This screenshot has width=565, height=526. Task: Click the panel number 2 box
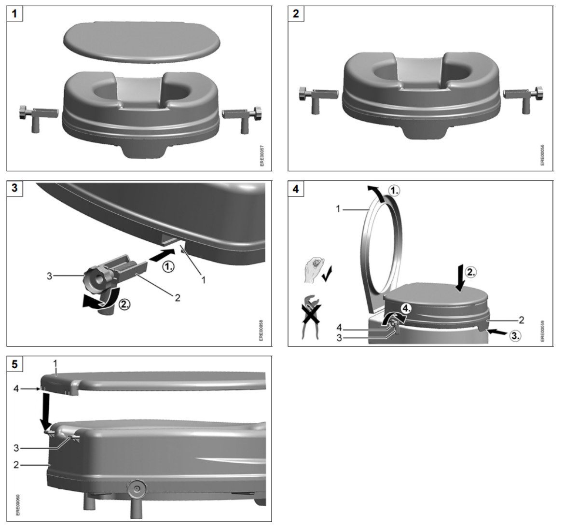click(296, 14)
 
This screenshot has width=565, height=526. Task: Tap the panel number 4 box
click(296, 189)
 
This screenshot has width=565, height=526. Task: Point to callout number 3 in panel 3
click(49, 276)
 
